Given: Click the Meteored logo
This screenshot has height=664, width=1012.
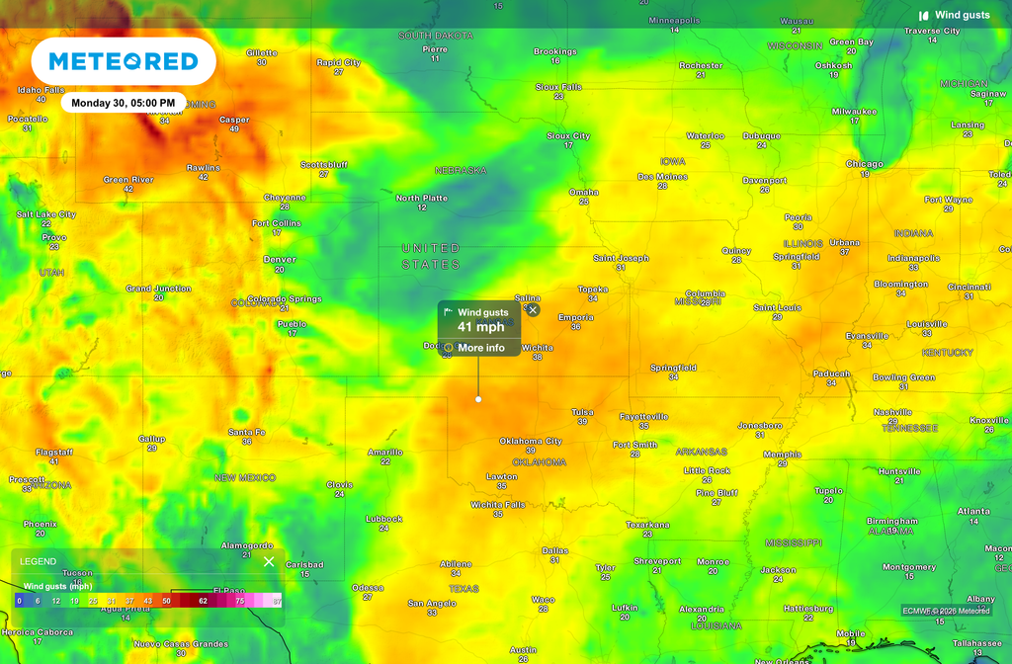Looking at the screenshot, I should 124,61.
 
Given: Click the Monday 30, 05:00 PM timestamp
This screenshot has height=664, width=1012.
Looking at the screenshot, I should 124,103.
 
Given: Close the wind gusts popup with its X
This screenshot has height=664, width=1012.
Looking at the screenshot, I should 533,309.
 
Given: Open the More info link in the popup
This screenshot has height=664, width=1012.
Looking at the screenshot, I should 480,348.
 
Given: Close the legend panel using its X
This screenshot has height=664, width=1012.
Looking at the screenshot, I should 269,561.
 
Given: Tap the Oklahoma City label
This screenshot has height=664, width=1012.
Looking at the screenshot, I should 531,441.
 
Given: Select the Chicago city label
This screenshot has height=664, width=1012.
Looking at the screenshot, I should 865,164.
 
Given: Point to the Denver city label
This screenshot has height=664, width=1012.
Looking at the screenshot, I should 280,260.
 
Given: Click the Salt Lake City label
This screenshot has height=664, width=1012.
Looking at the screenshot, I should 46,214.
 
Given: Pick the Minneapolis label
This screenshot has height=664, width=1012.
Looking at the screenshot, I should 674,20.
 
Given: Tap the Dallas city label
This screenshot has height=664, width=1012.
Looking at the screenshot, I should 555,550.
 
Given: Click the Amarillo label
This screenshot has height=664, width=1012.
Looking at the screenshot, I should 385,452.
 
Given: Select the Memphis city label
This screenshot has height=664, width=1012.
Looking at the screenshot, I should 783,455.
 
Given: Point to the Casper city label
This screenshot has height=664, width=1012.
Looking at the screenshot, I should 234,120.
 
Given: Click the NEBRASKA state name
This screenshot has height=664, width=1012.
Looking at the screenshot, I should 461,170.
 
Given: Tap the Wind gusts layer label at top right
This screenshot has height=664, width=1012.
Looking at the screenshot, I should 962,15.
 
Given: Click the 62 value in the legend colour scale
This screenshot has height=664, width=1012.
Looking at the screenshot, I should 203,600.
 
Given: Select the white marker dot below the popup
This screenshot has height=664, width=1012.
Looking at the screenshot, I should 478,399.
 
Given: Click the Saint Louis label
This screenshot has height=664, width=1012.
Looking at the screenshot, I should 778,307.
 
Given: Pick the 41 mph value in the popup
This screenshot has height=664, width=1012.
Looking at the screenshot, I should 480,327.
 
